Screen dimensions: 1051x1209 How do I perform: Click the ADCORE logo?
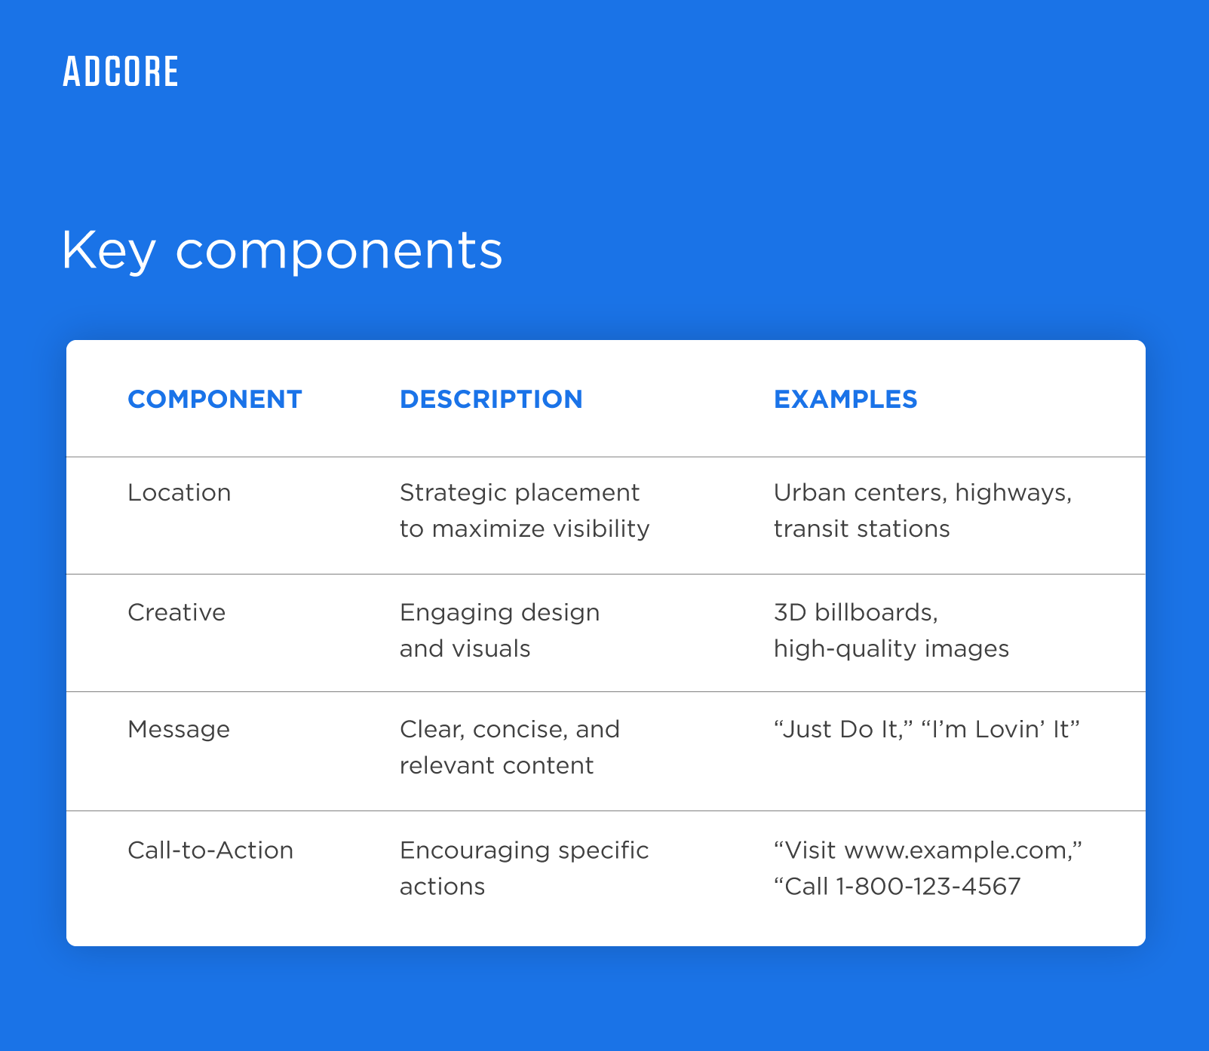click(121, 72)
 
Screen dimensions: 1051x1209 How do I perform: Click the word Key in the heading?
click(108, 250)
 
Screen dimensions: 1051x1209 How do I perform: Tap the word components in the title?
click(339, 250)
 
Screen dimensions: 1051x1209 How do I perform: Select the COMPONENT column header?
click(215, 400)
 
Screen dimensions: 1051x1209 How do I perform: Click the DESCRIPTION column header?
click(491, 400)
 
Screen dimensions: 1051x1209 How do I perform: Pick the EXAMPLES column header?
click(845, 400)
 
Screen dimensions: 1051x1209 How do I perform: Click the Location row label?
click(180, 493)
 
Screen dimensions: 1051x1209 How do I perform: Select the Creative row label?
click(176, 612)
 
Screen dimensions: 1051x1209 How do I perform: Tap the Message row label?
click(179, 730)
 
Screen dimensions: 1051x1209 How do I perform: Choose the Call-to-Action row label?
click(210, 850)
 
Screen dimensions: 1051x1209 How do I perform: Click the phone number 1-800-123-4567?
click(928, 887)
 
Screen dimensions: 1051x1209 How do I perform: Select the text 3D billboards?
click(855, 612)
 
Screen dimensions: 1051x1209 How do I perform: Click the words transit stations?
click(861, 529)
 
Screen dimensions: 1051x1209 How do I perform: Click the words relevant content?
click(496, 766)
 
